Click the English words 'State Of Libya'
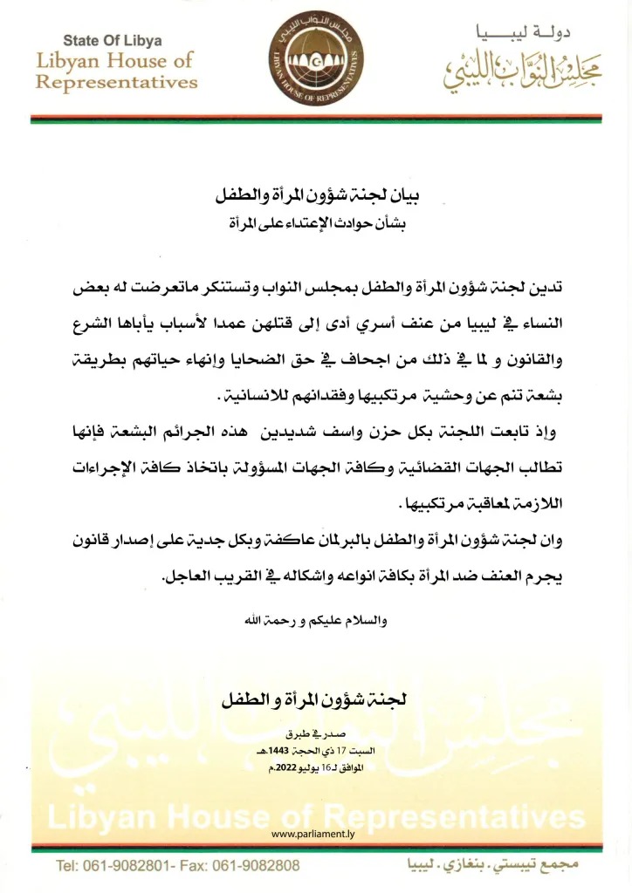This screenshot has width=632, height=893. click(x=112, y=41)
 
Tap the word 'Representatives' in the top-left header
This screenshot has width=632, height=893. click(x=117, y=84)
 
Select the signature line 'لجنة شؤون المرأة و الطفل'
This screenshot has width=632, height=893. click(x=315, y=699)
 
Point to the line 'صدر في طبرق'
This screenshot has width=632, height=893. click(x=315, y=734)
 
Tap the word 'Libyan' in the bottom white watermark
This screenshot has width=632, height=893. click(x=99, y=816)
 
